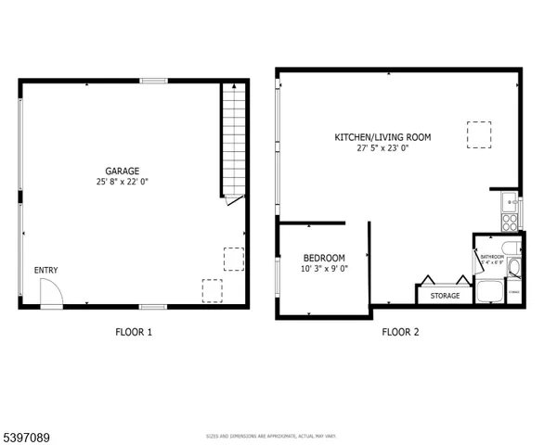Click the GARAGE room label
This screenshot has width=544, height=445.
pos(122,171)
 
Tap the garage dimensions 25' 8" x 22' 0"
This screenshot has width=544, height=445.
pos(122,183)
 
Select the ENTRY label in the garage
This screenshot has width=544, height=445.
pos(46,271)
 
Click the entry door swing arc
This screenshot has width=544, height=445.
pos(53,294)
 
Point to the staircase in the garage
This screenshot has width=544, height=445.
pos(233,139)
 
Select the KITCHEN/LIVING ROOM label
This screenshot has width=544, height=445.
pos(382,137)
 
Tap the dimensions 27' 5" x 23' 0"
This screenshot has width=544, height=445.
pos(382,148)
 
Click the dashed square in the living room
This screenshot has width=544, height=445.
pos(478,135)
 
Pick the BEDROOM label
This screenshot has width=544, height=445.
pos(324,258)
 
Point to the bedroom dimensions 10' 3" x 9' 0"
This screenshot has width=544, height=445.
pos(324,269)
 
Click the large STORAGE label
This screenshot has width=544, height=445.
pos(444,296)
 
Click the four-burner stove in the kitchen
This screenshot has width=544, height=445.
pos(511,222)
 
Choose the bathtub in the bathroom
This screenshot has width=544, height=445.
pos(489,292)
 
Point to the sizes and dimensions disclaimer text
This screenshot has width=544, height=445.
pos(270,435)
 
